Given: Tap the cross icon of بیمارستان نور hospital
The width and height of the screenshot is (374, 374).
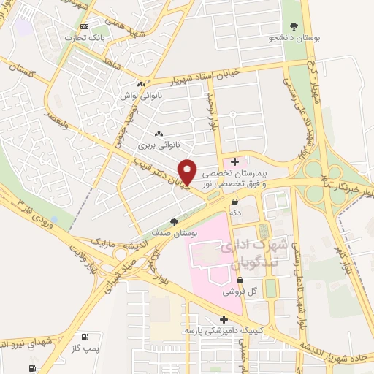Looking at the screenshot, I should coord(234,161).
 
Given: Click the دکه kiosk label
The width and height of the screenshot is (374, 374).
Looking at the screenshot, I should coord(235,212).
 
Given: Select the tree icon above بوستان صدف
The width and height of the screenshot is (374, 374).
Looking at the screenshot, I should coord(173,222).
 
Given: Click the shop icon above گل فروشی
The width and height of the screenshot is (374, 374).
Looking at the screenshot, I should coord(235,279).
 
